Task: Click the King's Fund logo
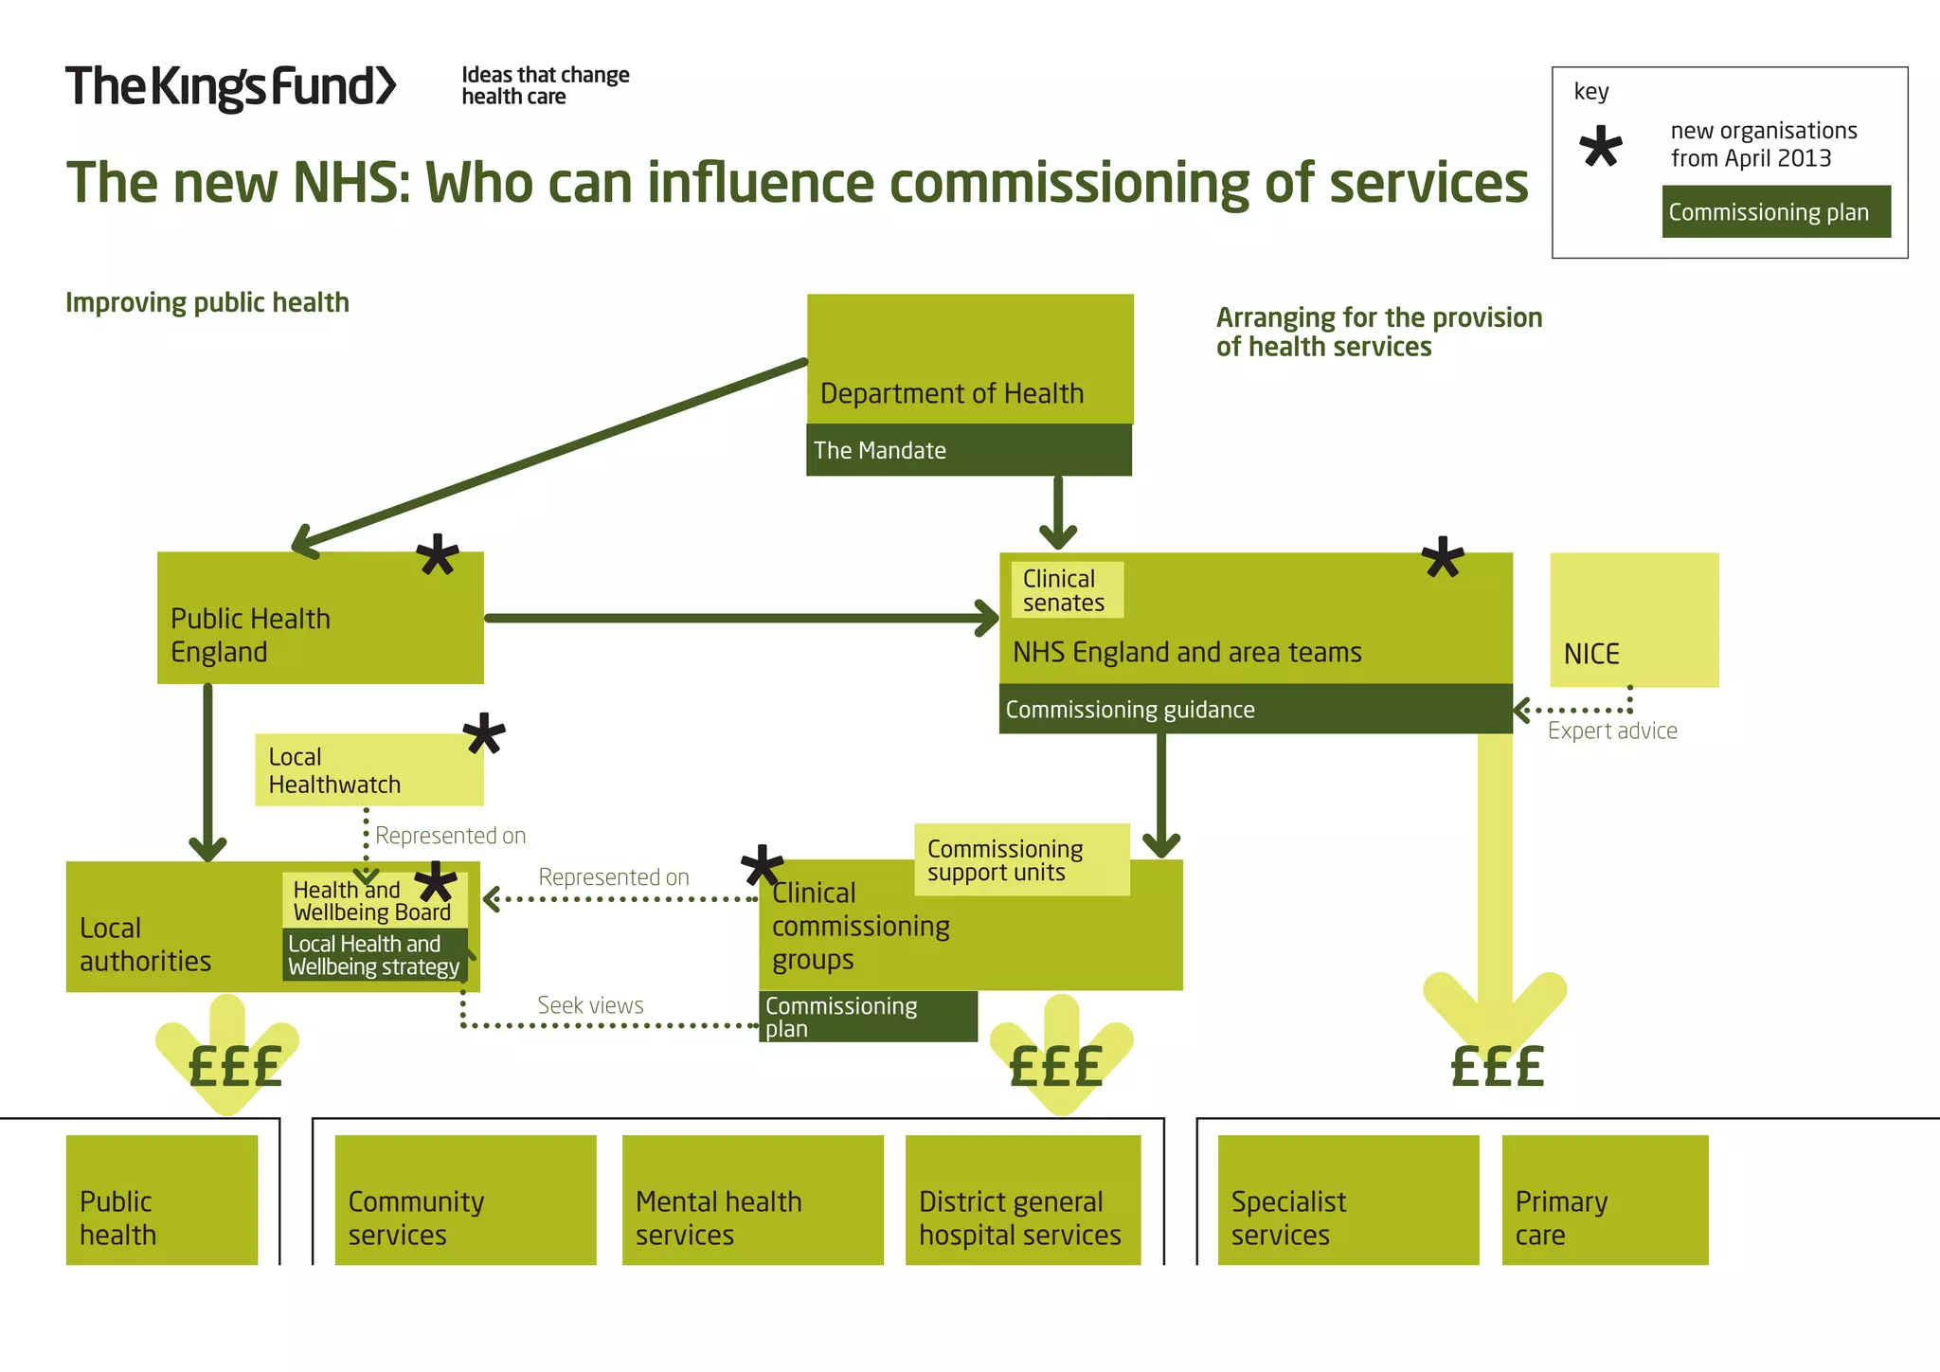[x=230, y=87]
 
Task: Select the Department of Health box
[x=969, y=360]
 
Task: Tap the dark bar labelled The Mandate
[x=968, y=450]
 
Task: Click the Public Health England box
[x=320, y=618]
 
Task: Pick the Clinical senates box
[x=1067, y=590]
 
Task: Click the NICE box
[x=1633, y=621]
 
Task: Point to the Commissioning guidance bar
[x=1254, y=710]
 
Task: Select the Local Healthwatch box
[x=368, y=770]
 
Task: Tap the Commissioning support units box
[x=1021, y=860]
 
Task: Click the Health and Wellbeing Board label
[x=371, y=901]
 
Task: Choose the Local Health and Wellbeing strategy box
[x=374, y=955]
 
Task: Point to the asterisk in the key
[x=1601, y=148]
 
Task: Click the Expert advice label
[x=1612, y=731]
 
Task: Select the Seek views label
[x=590, y=1005]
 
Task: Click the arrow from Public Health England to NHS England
[x=739, y=618]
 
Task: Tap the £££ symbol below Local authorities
[x=235, y=1067]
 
